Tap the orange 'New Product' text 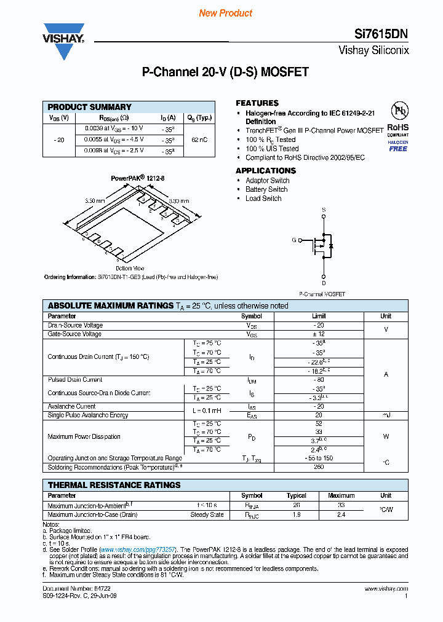pos(226,13)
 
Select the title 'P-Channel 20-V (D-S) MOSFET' pos(225,72)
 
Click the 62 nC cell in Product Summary pos(199,140)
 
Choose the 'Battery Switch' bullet pos(266,189)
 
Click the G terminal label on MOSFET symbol pos(294,240)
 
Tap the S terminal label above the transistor pos(324,210)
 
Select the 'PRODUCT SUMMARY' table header pos(90,107)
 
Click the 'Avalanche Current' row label pos(71,406)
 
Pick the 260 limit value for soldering pos(319,467)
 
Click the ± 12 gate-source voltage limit pos(319,334)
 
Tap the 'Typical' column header pos(297,495)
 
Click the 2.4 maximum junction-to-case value pos(341,514)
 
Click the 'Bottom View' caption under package pos(130,268)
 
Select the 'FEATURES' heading pos(257,103)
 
